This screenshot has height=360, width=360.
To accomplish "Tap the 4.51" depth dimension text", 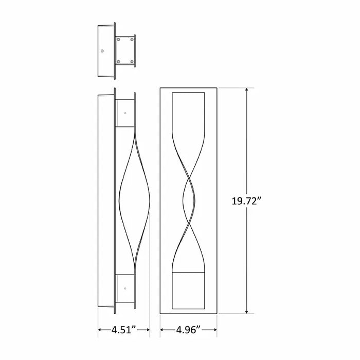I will pos(124,330).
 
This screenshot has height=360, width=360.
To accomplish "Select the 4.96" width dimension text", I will pos(187,330).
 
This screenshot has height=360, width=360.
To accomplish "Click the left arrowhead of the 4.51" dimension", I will pos(100,330).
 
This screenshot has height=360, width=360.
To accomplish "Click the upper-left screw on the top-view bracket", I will pos(119,39).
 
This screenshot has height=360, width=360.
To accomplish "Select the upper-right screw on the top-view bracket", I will pos(133,39).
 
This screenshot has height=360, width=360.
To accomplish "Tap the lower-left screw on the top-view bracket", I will pos(119,62).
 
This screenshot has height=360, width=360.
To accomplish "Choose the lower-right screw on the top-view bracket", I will pos(133,62).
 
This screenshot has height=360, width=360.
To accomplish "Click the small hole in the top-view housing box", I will pos(103,51).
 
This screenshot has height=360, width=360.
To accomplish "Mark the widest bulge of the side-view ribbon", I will pos(120,201).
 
